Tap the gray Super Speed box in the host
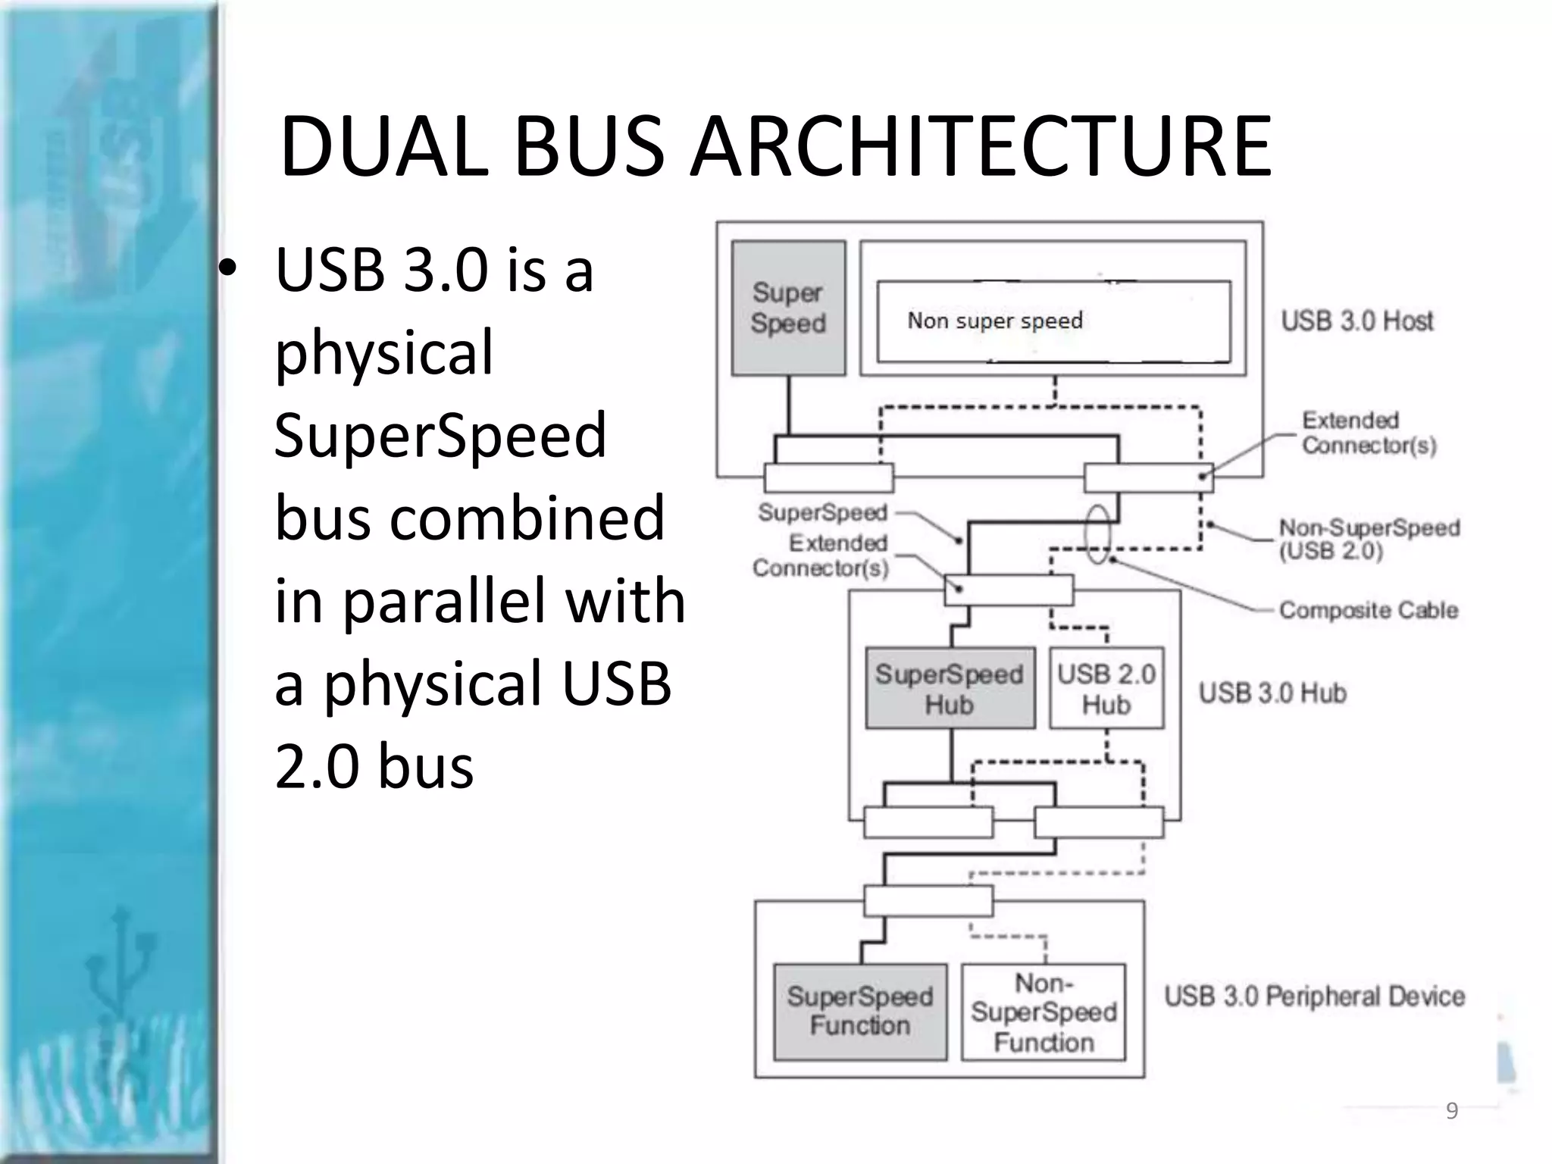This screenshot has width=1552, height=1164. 788,308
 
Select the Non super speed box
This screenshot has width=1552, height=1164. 1053,321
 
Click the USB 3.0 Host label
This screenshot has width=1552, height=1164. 1357,321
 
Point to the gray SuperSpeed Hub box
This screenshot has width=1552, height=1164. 950,688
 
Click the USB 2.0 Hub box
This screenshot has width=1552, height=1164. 1106,688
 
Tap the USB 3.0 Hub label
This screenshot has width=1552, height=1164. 1272,693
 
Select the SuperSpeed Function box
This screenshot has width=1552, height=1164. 860,1011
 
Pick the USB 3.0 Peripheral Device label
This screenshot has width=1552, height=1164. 1314,996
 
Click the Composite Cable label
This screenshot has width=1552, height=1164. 1368,610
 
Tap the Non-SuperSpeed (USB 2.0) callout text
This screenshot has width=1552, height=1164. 1369,539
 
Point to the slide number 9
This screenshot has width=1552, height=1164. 1451,1111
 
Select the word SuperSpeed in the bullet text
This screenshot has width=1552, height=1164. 440,435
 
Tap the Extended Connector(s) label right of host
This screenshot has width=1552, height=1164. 1368,433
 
